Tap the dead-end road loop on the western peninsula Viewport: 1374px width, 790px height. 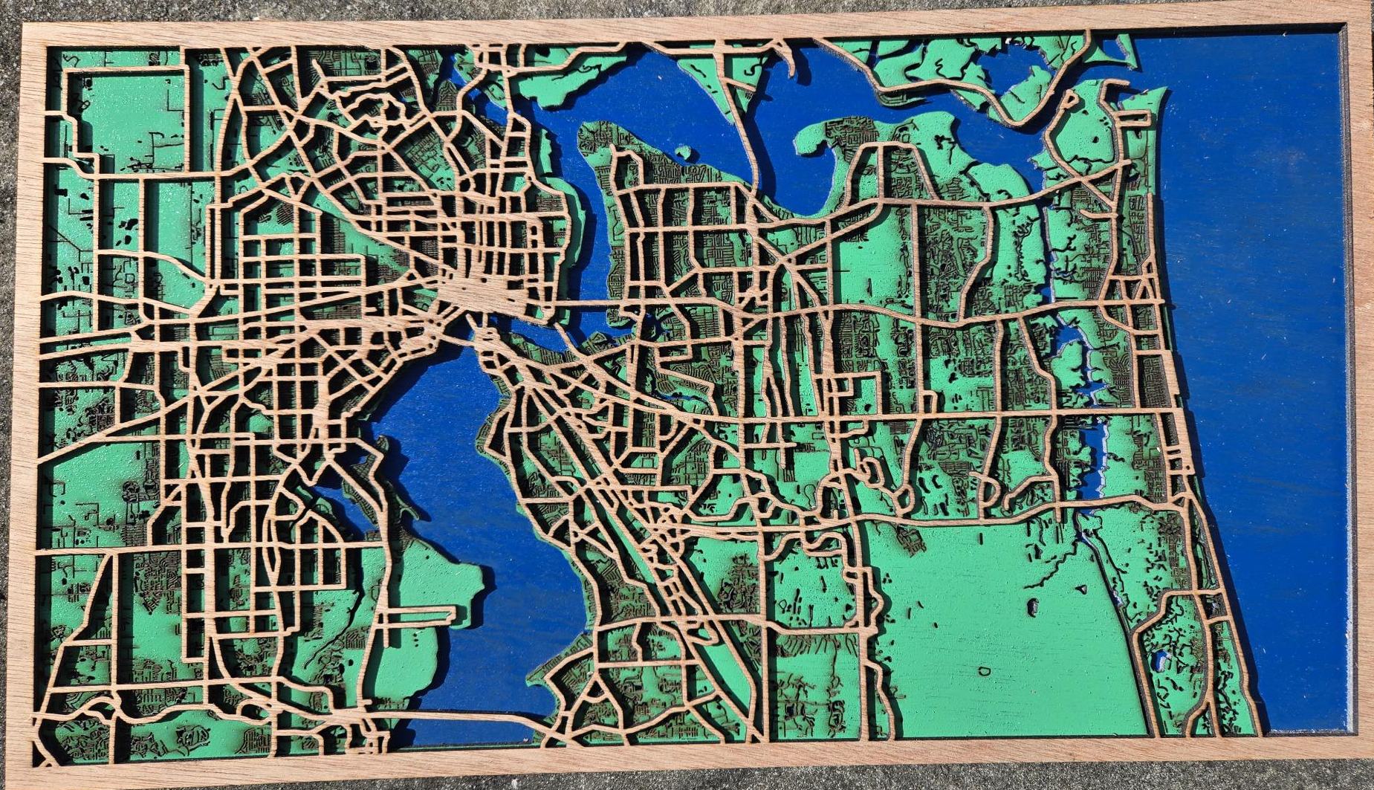(416, 614)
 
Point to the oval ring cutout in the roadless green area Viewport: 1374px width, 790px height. (984, 671)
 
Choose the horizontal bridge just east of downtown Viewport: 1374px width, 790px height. (587, 304)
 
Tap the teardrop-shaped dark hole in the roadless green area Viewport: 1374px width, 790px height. (1032, 607)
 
